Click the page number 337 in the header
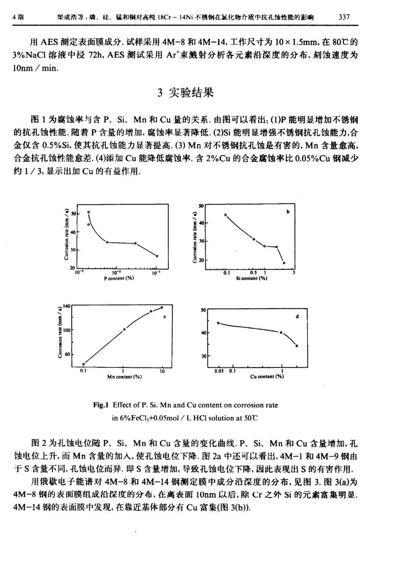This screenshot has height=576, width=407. (344, 18)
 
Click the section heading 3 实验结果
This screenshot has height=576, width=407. (186, 92)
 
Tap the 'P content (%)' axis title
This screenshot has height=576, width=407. (119, 278)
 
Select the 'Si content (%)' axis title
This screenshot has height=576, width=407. (251, 278)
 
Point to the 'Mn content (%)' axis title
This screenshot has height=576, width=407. (125, 377)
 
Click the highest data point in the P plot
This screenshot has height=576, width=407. (89, 212)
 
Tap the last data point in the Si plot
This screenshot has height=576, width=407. (284, 263)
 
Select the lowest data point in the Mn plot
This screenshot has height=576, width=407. (84, 364)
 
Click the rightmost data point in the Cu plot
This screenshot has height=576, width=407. (296, 346)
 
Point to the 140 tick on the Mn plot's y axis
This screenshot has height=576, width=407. (66, 306)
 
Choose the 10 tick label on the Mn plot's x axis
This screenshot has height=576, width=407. (162, 371)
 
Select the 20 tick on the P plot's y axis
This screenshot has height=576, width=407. (72, 268)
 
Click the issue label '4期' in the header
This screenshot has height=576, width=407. (18, 18)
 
